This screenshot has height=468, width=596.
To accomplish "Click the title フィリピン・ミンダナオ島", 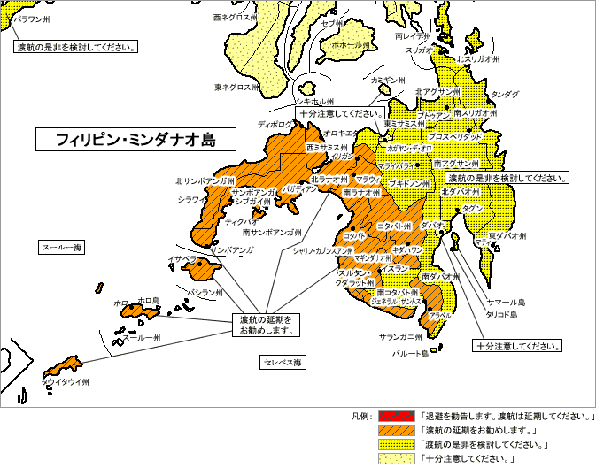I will tap(135, 140).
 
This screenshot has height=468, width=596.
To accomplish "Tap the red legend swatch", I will tap(395, 416).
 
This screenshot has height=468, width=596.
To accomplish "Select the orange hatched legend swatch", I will tap(395, 430).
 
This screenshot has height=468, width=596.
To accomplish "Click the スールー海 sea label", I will tap(61, 248).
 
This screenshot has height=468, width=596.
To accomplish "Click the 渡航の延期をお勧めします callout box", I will tap(266, 324).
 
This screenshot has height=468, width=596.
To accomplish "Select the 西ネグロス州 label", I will tap(236, 17).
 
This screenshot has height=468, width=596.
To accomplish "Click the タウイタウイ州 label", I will tap(66, 382).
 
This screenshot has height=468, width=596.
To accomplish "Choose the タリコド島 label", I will tap(503, 314).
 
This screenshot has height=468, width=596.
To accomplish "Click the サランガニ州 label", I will tap(401, 337).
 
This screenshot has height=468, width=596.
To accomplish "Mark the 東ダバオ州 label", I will tap(507, 236).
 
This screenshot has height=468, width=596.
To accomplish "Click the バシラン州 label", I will tap(204, 291).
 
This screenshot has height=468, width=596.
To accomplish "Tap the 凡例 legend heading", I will tap(361, 416).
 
